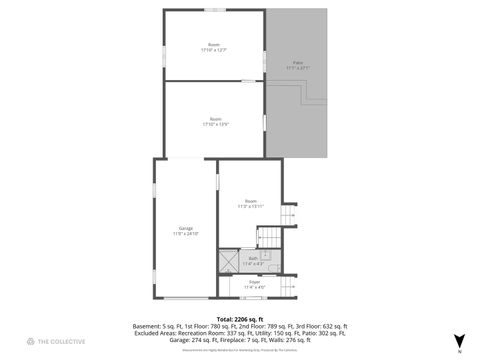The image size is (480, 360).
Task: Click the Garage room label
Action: pos(186,227)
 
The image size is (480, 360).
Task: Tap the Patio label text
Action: pos(298,62)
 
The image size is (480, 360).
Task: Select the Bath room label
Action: pos(252,258)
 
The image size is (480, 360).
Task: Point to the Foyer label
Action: pos(254,282)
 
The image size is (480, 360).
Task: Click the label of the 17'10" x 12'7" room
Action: pos(214,45)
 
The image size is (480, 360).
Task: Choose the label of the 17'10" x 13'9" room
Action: pos(215,118)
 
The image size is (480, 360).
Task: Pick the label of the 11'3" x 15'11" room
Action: pos(251,201)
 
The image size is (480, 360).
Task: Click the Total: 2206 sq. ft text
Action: pos(240,318)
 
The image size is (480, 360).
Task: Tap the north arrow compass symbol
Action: pos(459,341)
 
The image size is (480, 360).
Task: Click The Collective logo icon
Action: pos(31,342)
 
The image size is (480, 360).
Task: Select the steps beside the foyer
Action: pos(290,287)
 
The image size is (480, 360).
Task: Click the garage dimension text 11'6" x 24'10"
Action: pos(186,233)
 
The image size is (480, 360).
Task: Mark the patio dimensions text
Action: pos(298,68)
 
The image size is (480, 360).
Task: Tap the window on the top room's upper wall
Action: pos(214,10)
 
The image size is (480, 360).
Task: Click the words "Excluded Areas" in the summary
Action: pos(152,333)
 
